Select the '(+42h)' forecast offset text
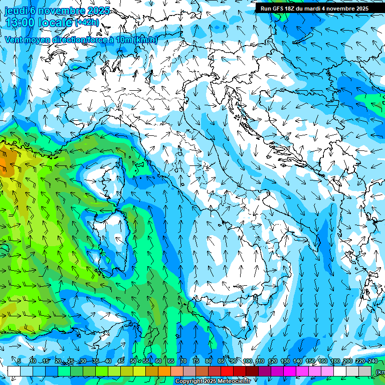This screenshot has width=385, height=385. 87,23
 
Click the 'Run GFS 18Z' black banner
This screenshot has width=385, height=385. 314,8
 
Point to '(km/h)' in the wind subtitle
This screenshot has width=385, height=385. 145,40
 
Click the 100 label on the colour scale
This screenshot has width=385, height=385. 247,361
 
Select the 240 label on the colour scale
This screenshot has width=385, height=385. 372,361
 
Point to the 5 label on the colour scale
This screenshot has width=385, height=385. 19,361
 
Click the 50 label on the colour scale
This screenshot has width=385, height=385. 133,361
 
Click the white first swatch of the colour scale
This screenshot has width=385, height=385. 14,371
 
